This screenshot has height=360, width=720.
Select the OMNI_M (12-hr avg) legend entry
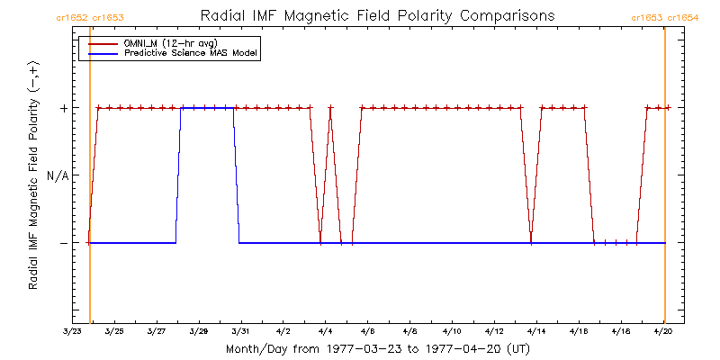click(x=163, y=43)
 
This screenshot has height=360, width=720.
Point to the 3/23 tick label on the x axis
click(x=72, y=331)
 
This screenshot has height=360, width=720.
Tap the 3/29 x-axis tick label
click(x=199, y=331)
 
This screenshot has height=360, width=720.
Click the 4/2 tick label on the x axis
click(x=283, y=331)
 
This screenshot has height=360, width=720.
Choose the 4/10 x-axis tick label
click(x=453, y=331)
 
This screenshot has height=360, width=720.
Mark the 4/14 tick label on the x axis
click(x=537, y=331)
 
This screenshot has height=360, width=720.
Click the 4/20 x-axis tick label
click(x=664, y=331)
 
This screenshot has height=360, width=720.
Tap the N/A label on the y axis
click(x=57, y=175)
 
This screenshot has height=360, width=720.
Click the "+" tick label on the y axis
click(x=63, y=108)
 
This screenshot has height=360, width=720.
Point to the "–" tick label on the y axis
click(x=63, y=243)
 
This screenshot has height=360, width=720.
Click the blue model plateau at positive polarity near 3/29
click(x=207, y=107)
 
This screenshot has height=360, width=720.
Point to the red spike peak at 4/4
click(x=330, y=108)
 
